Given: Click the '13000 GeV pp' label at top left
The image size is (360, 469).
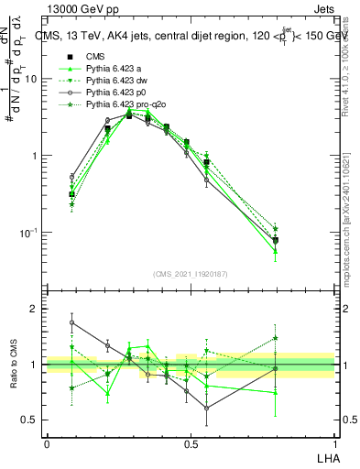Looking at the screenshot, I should (x=77, y=9).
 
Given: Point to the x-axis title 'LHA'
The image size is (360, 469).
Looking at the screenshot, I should (x=326, y=456).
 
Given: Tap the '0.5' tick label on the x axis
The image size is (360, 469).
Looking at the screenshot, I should (x=191, y=442).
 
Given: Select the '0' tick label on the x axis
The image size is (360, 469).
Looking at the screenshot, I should (x=47, y=442).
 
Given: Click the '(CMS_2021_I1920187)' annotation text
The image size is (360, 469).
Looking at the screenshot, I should (x=191, y=272).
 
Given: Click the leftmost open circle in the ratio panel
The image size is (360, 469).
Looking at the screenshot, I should (x=71, y=322).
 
